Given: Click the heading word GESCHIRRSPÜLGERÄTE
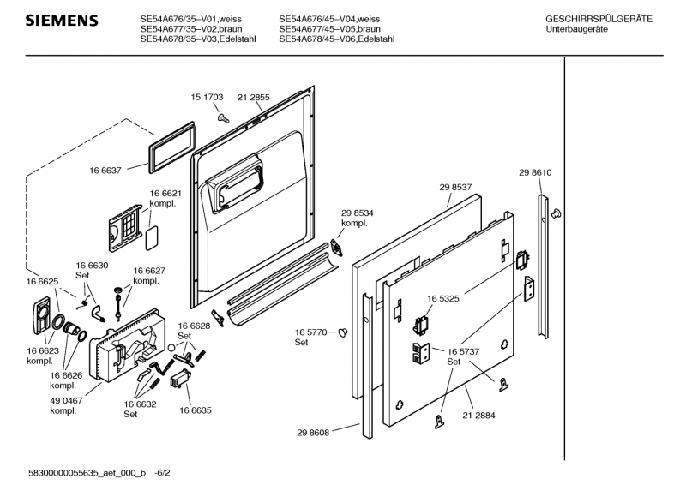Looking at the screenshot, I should [599, 19].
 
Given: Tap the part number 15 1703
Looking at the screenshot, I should [207, 98].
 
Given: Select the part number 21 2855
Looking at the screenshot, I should [253, 98].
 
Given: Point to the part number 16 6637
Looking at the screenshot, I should [106, 171].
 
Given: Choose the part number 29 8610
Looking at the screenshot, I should [535, 173].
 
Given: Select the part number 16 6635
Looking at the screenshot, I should [195, 411].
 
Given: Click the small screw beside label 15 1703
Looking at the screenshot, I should [222, 117].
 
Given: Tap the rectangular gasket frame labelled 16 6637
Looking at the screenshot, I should [168, 150].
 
